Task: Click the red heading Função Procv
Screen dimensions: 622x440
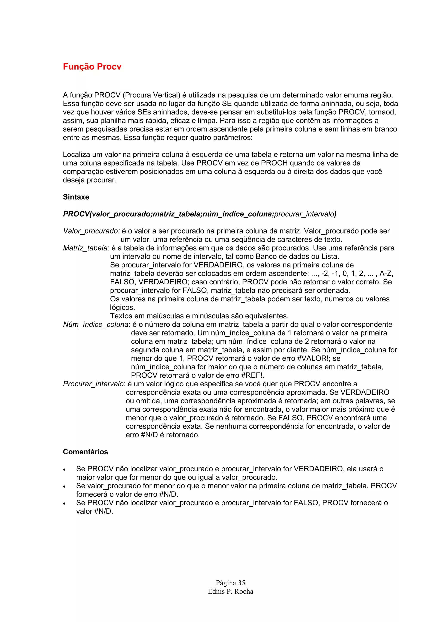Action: tap(92, 67)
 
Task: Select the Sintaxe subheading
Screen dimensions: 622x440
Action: tap(76, 197)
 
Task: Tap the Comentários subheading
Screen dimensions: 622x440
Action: tap(85, 452)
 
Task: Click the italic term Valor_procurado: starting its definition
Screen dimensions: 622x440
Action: tap(91, 231)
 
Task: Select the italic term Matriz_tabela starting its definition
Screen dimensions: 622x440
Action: tap(85, 248)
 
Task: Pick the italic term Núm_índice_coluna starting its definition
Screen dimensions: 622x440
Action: tap(96, 324)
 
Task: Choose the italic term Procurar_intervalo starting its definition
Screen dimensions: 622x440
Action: tap(93, 384)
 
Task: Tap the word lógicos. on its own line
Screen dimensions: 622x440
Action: tap(122, 308)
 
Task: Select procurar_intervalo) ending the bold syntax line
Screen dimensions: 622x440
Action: tap(305, 214)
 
